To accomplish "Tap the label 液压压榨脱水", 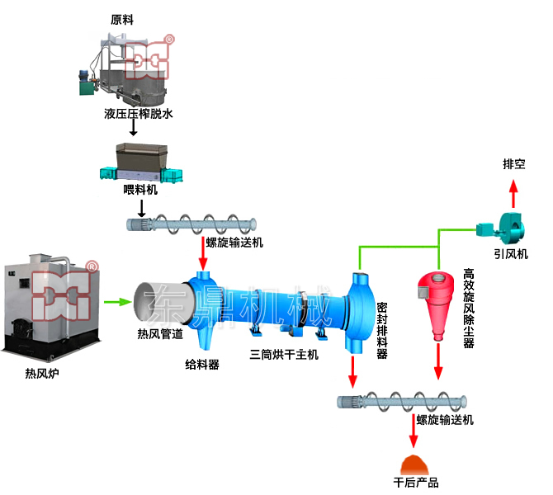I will (x=139, y=113).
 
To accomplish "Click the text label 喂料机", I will (x=139, y=191).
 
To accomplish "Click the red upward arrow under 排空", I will (x=513, y=195).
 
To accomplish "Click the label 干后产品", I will (x=416, y=482).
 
